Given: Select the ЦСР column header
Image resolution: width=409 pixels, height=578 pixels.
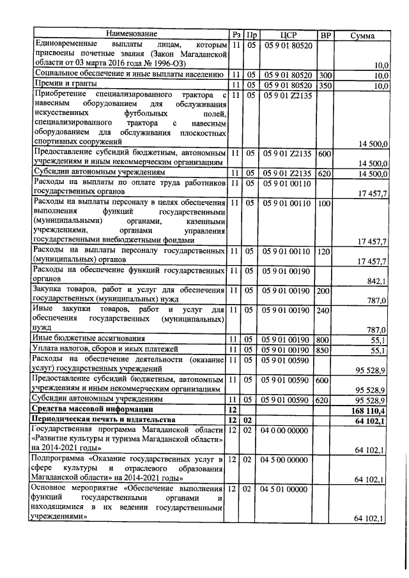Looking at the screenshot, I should click(289, 34).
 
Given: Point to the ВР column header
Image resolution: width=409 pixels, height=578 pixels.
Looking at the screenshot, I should click(325, 34).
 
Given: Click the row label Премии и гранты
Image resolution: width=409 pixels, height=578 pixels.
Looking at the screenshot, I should click(63, 84).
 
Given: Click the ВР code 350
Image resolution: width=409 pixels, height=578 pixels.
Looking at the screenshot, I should click(325, 85).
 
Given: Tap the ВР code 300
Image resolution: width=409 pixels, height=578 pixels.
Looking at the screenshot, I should click(325, 75).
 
